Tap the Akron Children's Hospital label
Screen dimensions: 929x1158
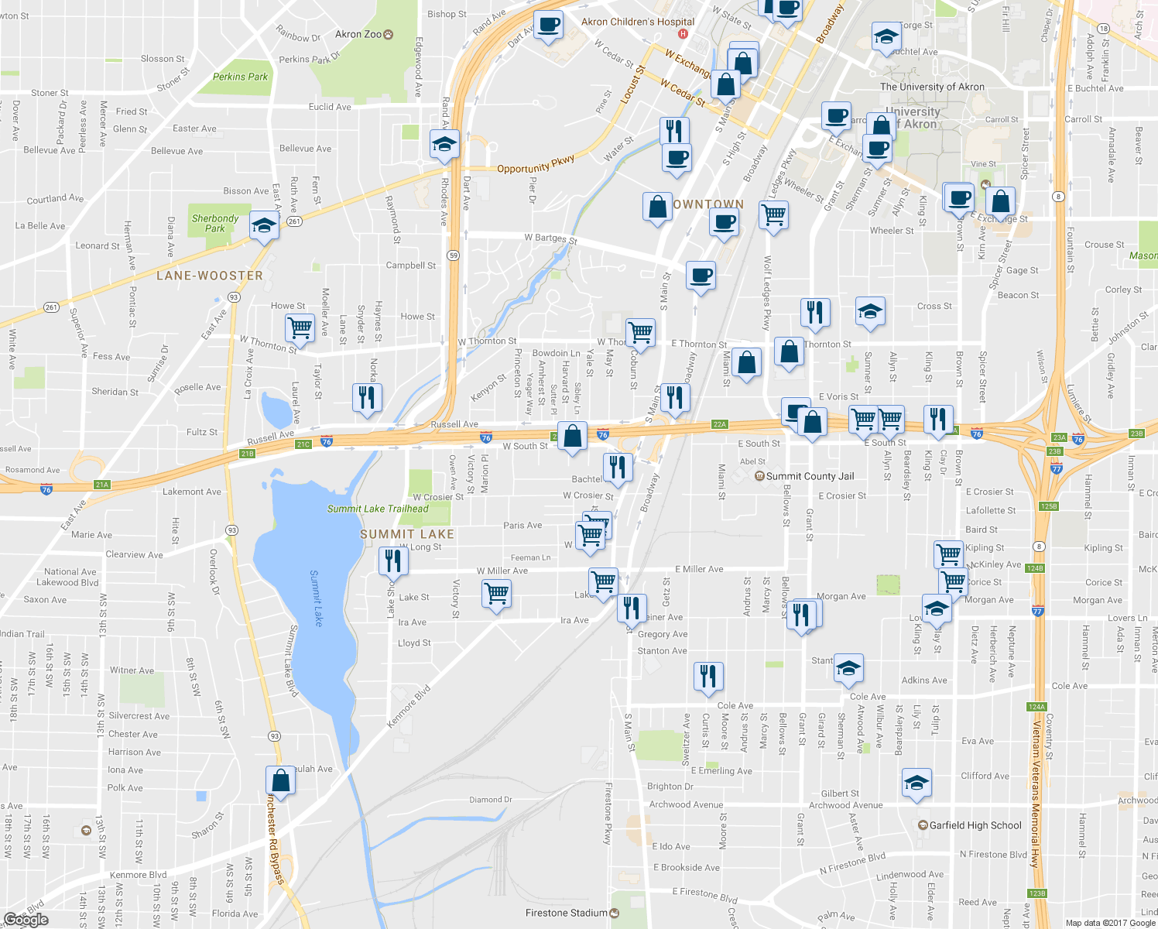(x=638, y=22)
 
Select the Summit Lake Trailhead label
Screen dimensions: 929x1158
(x=378, y=509)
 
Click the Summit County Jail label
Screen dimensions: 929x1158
(x=810, y=476)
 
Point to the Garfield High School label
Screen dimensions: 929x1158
(x=975, y=825)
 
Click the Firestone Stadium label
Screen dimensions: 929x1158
(x=567, y=913)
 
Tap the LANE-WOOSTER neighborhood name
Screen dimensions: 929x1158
(x=210, y=276)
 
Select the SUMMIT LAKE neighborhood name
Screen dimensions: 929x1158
(x=407, y=534)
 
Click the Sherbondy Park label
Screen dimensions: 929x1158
(x=215, y=223)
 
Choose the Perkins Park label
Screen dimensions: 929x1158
(x=241, y=77)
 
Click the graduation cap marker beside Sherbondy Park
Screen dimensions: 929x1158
(x=264, y=227)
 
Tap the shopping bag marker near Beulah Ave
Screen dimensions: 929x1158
(x=281, y=780)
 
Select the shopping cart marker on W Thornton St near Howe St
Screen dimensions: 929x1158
(x=300, y=327)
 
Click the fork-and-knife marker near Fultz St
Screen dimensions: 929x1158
(x=366, y=397)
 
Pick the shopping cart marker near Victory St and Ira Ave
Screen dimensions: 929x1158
(x=496, y=594)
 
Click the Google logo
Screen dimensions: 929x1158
(x=26, y=920)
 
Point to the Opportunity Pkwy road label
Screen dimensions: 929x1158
(x=536, y=164)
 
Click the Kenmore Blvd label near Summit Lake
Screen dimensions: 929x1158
(x=409, y=707)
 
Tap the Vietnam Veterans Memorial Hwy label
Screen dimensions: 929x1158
(x=1036, y=782)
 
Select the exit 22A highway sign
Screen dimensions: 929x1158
(x=720, y=424)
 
